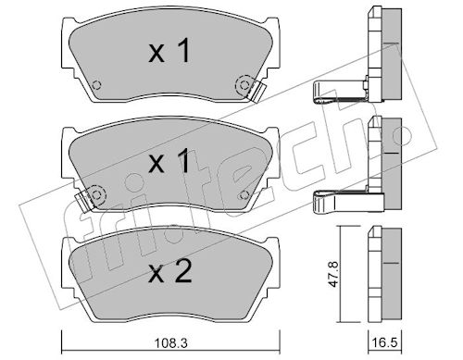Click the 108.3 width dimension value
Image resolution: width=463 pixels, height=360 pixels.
[x=170, y=343]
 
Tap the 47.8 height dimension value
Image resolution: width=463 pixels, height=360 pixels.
[x=334, y=275]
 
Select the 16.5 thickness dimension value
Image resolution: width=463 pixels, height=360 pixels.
[x=385, y=343]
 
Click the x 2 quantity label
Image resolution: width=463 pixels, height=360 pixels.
[x=170, y=271]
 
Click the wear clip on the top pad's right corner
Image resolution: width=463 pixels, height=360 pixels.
[x=257, y=92]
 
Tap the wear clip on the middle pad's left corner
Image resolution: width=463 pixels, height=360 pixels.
[x=82, y=201]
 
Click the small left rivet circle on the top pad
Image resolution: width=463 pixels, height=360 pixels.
[x=97, y=84]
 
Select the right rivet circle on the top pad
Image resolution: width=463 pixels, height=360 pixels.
[x=244, y=84]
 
